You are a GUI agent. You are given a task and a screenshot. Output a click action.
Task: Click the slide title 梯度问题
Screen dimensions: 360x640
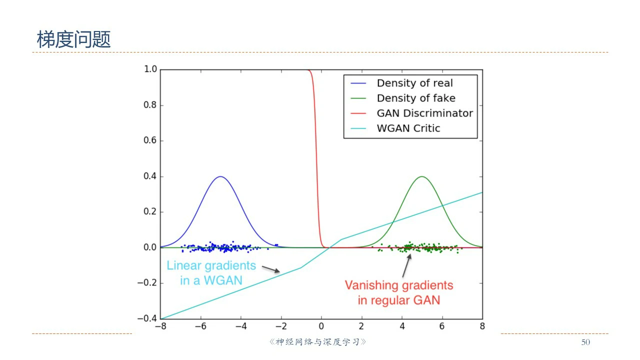click(x=73, y=39)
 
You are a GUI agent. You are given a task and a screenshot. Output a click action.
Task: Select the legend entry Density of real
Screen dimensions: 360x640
click(x=414, y=83)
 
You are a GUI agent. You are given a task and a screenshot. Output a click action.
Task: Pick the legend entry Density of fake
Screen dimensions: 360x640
click(x=415, y=98)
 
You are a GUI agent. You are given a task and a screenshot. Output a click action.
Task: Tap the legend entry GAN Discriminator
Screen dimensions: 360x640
click(x=424, y=113)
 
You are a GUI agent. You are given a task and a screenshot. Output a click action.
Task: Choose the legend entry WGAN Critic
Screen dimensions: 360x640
click(x=408, y=128)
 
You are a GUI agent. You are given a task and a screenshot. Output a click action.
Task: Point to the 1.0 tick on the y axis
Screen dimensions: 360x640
click(x=150, y=69)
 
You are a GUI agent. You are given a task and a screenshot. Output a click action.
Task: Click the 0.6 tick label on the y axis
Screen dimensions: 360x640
click(x=150, y=140)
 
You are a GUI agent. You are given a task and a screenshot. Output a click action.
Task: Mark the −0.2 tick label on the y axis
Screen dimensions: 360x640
click(x=147, y=283)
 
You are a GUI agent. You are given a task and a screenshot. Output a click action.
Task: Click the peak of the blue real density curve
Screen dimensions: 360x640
click(x=220, y=176)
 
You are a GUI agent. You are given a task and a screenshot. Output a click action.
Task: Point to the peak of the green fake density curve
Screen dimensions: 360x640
click(x=422, y=176)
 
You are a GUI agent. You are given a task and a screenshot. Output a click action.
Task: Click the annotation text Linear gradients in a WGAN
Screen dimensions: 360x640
click(x=211, y=272)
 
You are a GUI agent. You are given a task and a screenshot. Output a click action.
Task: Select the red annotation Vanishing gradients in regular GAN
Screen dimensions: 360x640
click(x=398, y=292)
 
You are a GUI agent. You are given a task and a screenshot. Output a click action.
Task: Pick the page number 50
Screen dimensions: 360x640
click(x=585, y=342)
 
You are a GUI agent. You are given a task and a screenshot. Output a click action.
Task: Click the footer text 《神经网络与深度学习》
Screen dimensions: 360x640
click(x=318, y=342)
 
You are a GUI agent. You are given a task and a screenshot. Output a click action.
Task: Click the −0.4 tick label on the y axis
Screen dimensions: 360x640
click(x=147, y=318)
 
